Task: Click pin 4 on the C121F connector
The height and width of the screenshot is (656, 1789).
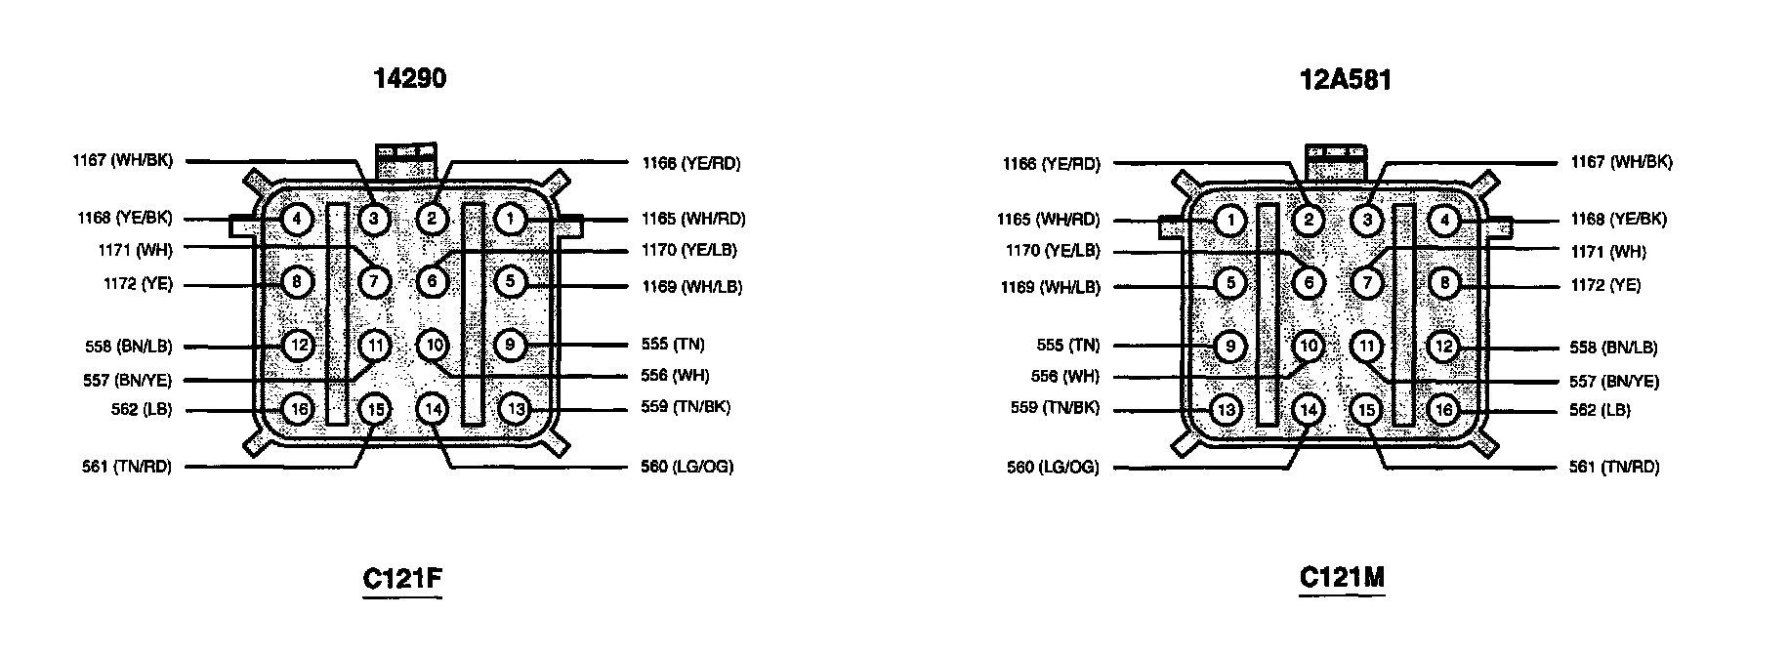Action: pos(296,220)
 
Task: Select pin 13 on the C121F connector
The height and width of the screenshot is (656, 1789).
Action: pos(516,408)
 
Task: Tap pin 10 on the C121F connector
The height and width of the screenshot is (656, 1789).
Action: pos(435,345)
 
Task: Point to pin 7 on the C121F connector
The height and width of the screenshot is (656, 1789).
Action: pos(374,282)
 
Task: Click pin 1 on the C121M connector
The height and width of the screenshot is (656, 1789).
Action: pos(1230,221)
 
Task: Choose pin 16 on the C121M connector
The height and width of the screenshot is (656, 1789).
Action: pos(1443,409)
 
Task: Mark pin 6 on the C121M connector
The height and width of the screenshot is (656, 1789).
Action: pos(1309,283)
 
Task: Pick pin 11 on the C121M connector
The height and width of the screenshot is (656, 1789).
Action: pos(1367,346)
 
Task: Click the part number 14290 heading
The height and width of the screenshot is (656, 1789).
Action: pos(410,78)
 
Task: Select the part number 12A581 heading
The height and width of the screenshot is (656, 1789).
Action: pos(1345,79)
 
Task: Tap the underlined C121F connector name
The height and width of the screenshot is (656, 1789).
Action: pos(402,579)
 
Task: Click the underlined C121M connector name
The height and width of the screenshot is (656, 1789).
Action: pos(1342,578)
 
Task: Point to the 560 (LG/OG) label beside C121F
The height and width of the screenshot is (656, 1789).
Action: pos(686,467)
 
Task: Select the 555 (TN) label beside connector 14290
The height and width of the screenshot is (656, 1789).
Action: pos(673,345)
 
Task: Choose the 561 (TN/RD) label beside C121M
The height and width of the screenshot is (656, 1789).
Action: pos(1614,468)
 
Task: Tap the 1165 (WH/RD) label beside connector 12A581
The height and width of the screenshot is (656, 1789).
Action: pos(1048,220)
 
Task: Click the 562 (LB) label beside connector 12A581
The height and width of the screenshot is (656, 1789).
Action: pos(1600,410)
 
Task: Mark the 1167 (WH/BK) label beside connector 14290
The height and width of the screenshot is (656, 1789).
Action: pos(122,160)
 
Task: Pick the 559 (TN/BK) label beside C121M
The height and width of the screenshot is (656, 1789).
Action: pos(1055,408)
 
